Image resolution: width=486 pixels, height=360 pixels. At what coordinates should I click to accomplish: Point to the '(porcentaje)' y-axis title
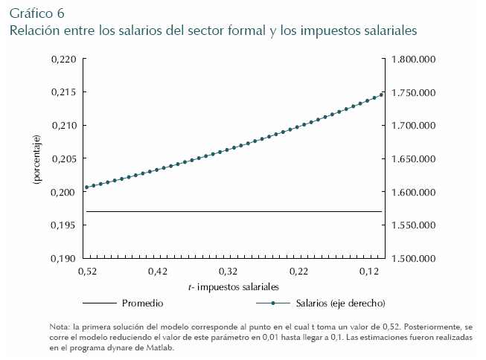click(35, 159)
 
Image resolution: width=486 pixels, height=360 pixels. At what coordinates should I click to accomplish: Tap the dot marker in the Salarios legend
click(274, 303)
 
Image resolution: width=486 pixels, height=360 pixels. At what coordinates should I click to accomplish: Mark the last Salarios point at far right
click(381, 94)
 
